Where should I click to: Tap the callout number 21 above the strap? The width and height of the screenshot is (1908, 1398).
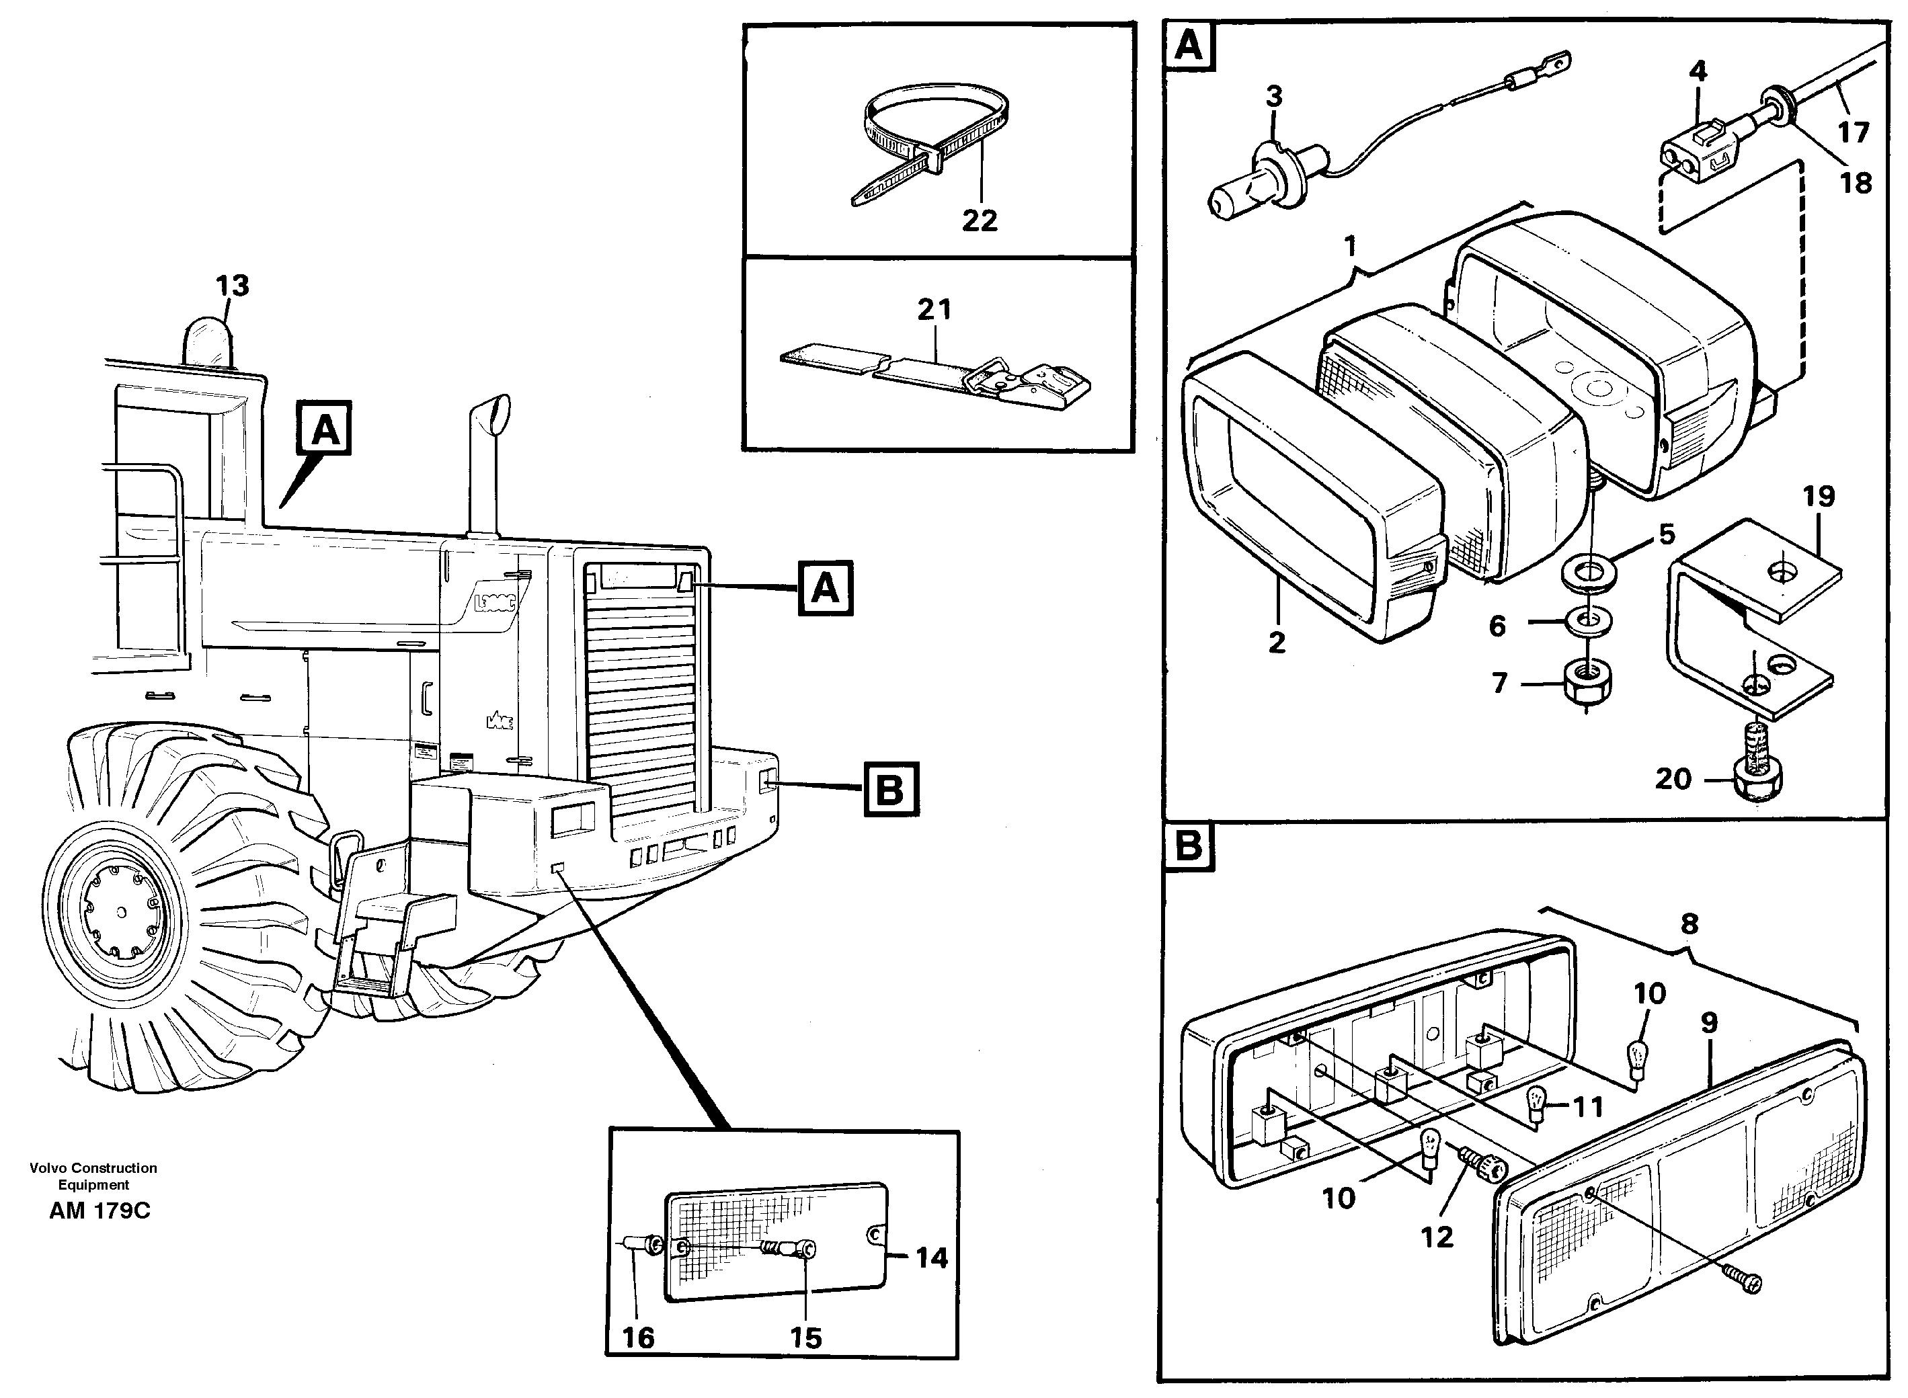click(x=935, y=310)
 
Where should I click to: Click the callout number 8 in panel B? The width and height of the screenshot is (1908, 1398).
click(x=1689, y=923)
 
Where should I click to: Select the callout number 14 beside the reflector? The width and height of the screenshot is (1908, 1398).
click(x=931, y=1258)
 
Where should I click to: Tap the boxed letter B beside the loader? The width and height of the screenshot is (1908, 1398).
click(x=889, y=790)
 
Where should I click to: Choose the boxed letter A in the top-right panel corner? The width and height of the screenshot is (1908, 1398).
click(x=1189, y=46)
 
